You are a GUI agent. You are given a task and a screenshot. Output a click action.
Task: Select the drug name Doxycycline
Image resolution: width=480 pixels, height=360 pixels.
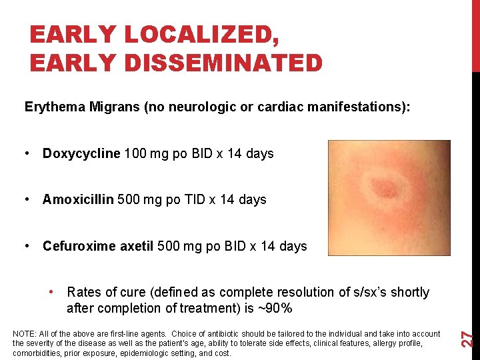(x=81, y=153)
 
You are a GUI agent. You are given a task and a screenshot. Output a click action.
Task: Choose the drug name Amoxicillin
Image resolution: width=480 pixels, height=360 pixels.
(x=78, y=199)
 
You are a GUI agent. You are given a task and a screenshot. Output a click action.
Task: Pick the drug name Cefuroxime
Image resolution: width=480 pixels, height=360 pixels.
(x=79, y=246)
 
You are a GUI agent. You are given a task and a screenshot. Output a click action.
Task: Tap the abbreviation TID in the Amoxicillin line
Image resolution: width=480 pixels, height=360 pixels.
(x=204, y=199)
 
